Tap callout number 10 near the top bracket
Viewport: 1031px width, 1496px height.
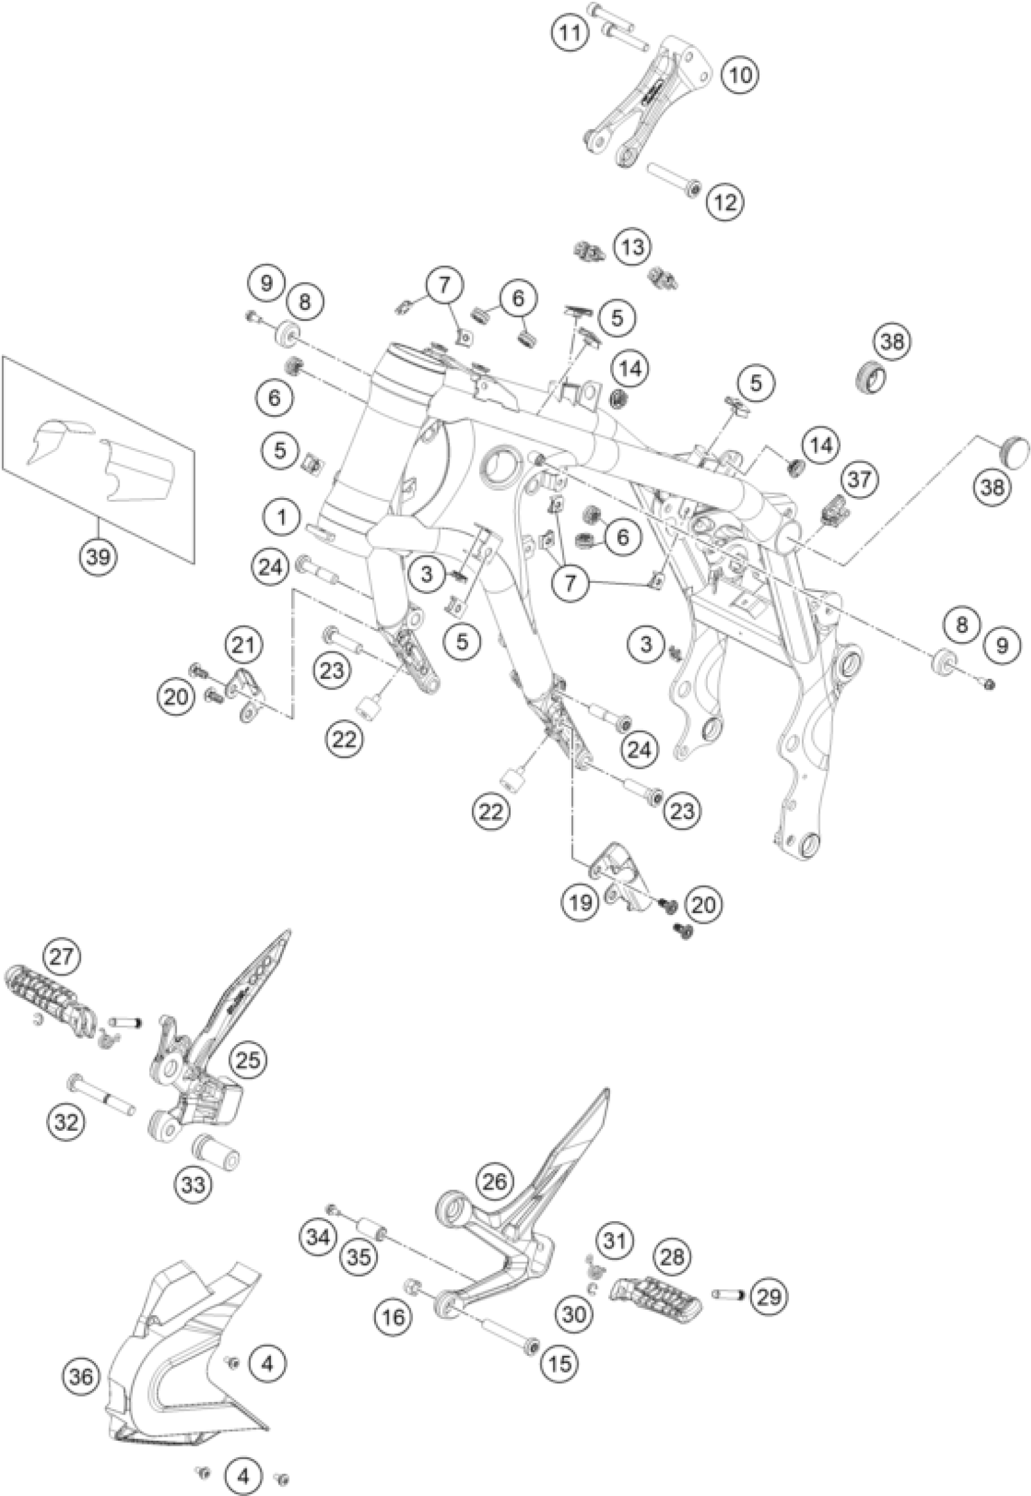741,76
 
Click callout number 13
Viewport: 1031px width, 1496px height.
633,248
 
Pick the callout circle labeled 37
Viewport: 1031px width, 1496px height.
860,479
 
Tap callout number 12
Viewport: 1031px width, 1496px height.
725,203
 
